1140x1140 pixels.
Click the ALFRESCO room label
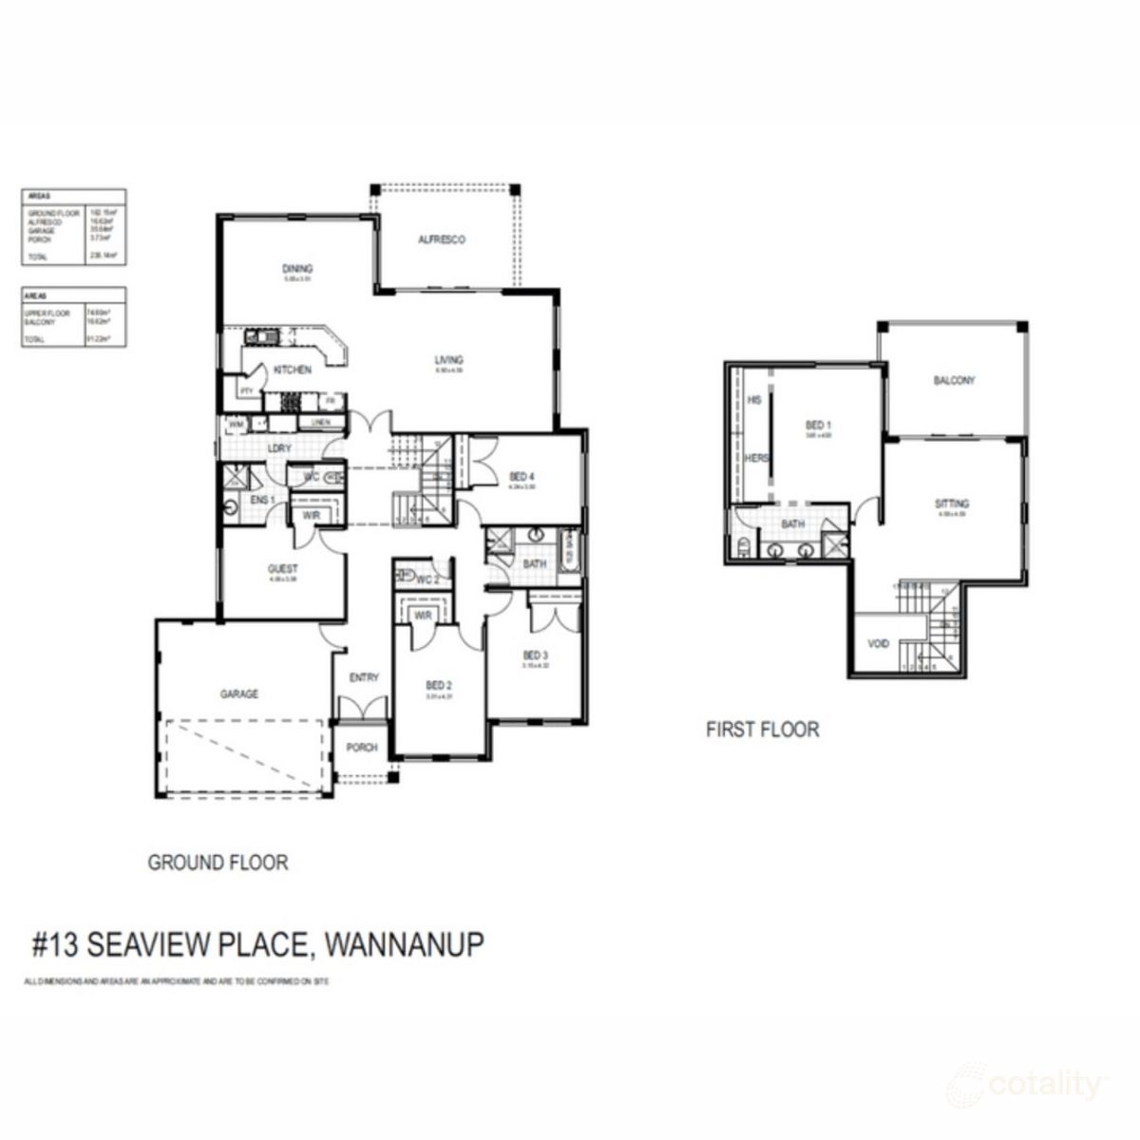tap(442, 240)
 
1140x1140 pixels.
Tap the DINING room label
tap(297, 269)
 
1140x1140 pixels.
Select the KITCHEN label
tap(293, 370)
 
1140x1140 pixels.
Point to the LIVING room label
tap(448, 360)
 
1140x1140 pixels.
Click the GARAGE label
tap(239, 694)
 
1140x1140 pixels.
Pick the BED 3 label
tap(535, 655)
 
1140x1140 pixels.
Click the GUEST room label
tap(282, 569)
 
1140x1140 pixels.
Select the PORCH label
tap(362, 748)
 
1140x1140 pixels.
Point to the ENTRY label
tap(364, 677)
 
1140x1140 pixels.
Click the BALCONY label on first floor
tap(954, 380)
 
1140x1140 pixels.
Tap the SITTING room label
tap(952, 504)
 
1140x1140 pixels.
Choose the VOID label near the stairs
tap(879, 644)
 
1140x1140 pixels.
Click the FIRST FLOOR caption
tap(762, 730)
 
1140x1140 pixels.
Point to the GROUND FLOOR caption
tap(218, 863)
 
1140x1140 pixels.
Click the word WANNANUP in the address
tap(404, 944)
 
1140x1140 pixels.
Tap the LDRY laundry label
tap(278, 447)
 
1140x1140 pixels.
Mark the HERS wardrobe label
tap(757, 458)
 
